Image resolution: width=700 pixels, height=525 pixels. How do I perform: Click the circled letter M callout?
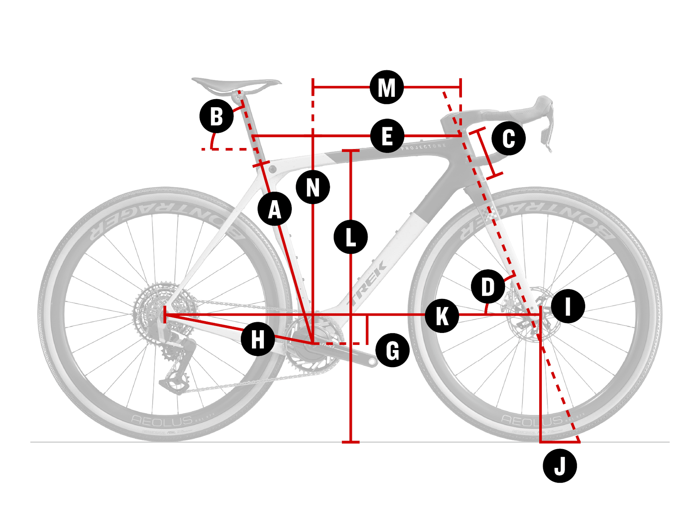pyautogui.click(x=386, y=87)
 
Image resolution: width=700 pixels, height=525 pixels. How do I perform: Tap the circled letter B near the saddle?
pyautogui.click(x=217, y=116)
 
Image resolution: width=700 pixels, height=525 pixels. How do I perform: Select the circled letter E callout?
pyautogui.click(x=387, y=136)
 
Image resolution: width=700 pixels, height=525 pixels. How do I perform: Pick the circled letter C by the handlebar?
pyautogui.click(x=509, y=138)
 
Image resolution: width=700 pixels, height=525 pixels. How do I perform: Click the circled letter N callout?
pyautogui.click(x=313, y=187)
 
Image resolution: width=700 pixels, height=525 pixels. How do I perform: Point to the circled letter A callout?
pyautogui.click(x=275, y=209)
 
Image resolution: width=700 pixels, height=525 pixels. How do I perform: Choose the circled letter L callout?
pyautogui.click(x=350, y=237)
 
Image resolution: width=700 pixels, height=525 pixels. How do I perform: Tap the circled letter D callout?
pyautogui.click(x=488, y=287)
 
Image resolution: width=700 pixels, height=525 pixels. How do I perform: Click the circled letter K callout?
pyautogui.click(x=442, y=316)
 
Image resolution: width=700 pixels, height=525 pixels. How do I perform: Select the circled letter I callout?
pyautogui.click(x=568, y=306)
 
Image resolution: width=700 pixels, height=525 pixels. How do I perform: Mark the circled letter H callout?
pyautogui.click(x=258, y=339)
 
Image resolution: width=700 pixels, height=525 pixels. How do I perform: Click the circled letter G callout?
pyautogui.click(x=392, y=350)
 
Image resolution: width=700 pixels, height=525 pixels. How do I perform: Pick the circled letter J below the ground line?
pyautogui.click(x=560, y=466)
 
